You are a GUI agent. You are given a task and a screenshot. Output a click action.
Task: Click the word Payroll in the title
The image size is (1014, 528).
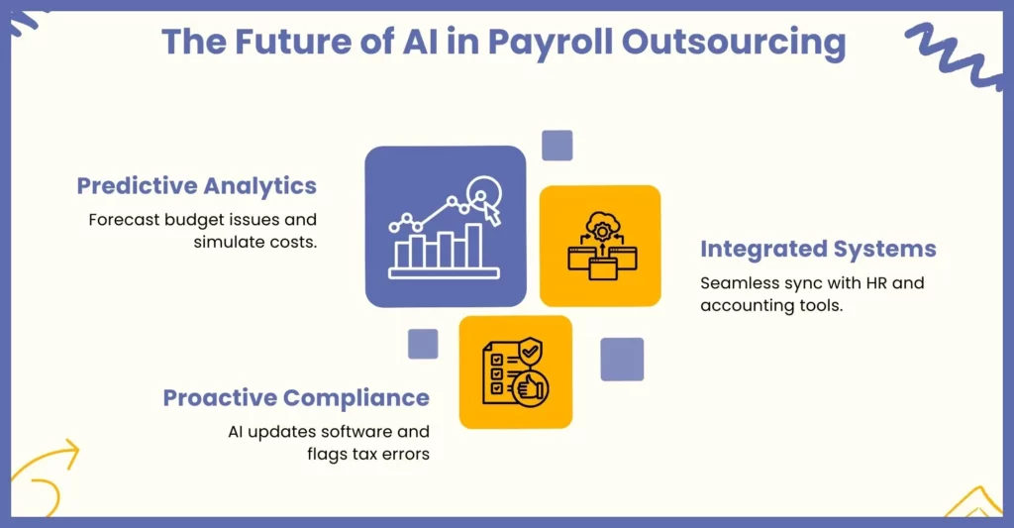[x=550, y=43]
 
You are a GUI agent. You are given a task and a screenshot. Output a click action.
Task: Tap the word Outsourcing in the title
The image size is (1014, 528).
[x=734, y=43]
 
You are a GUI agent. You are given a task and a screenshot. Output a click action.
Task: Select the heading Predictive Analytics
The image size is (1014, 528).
[x=197, y=186]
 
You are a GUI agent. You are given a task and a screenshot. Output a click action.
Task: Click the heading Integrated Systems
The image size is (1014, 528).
[x=818, y=249]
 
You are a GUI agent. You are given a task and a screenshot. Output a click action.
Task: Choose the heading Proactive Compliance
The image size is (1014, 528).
[x=296, y=398]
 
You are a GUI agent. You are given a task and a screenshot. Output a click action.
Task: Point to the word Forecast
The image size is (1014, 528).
[x=124, y=220]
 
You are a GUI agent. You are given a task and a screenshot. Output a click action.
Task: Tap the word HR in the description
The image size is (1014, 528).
[x=876, y=283]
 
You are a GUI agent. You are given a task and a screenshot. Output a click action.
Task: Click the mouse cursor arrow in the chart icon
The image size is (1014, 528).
[x=491, y=213]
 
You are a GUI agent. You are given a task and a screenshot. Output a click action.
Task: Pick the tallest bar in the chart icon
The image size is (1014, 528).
[x=474, y=246]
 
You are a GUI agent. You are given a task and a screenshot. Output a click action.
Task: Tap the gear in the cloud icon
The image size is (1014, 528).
[x=602, y=231]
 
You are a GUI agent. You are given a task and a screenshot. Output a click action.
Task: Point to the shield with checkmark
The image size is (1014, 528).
[x=531, y=353]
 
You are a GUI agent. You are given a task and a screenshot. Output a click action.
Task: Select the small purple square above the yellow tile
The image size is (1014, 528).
[x=557, y=145]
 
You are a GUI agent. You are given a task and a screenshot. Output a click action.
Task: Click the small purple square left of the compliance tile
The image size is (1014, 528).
[x=423, y=344]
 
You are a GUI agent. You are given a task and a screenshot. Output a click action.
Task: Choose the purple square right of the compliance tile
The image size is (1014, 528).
[x=622, y=360]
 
